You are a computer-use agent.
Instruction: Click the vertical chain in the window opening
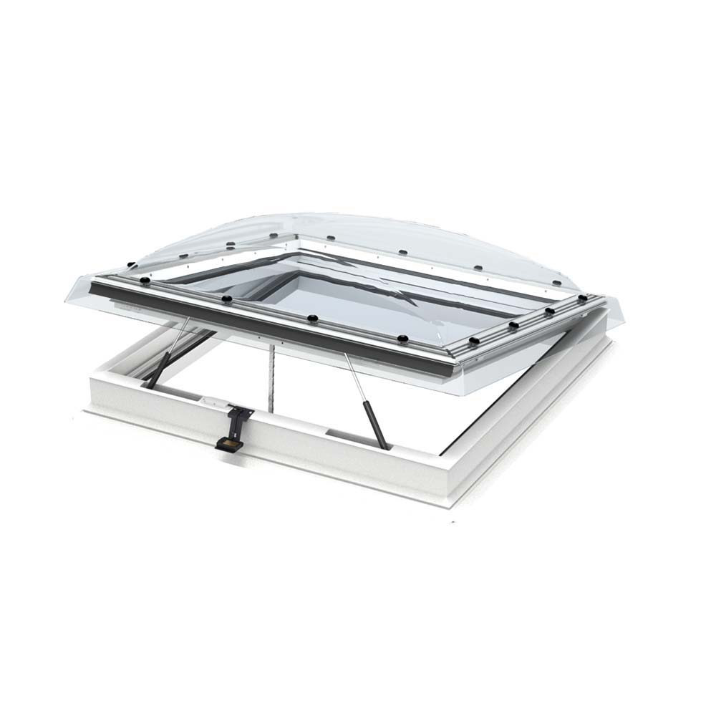pyautogui.click(x=270, y=379)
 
